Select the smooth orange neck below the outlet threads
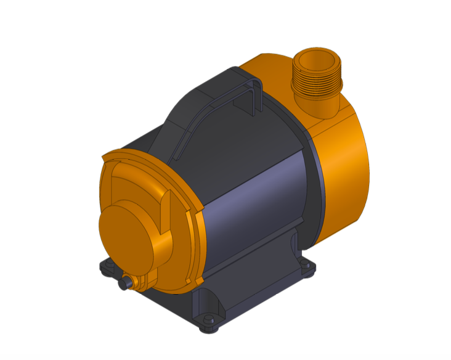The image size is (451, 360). (x=322, y=107)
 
